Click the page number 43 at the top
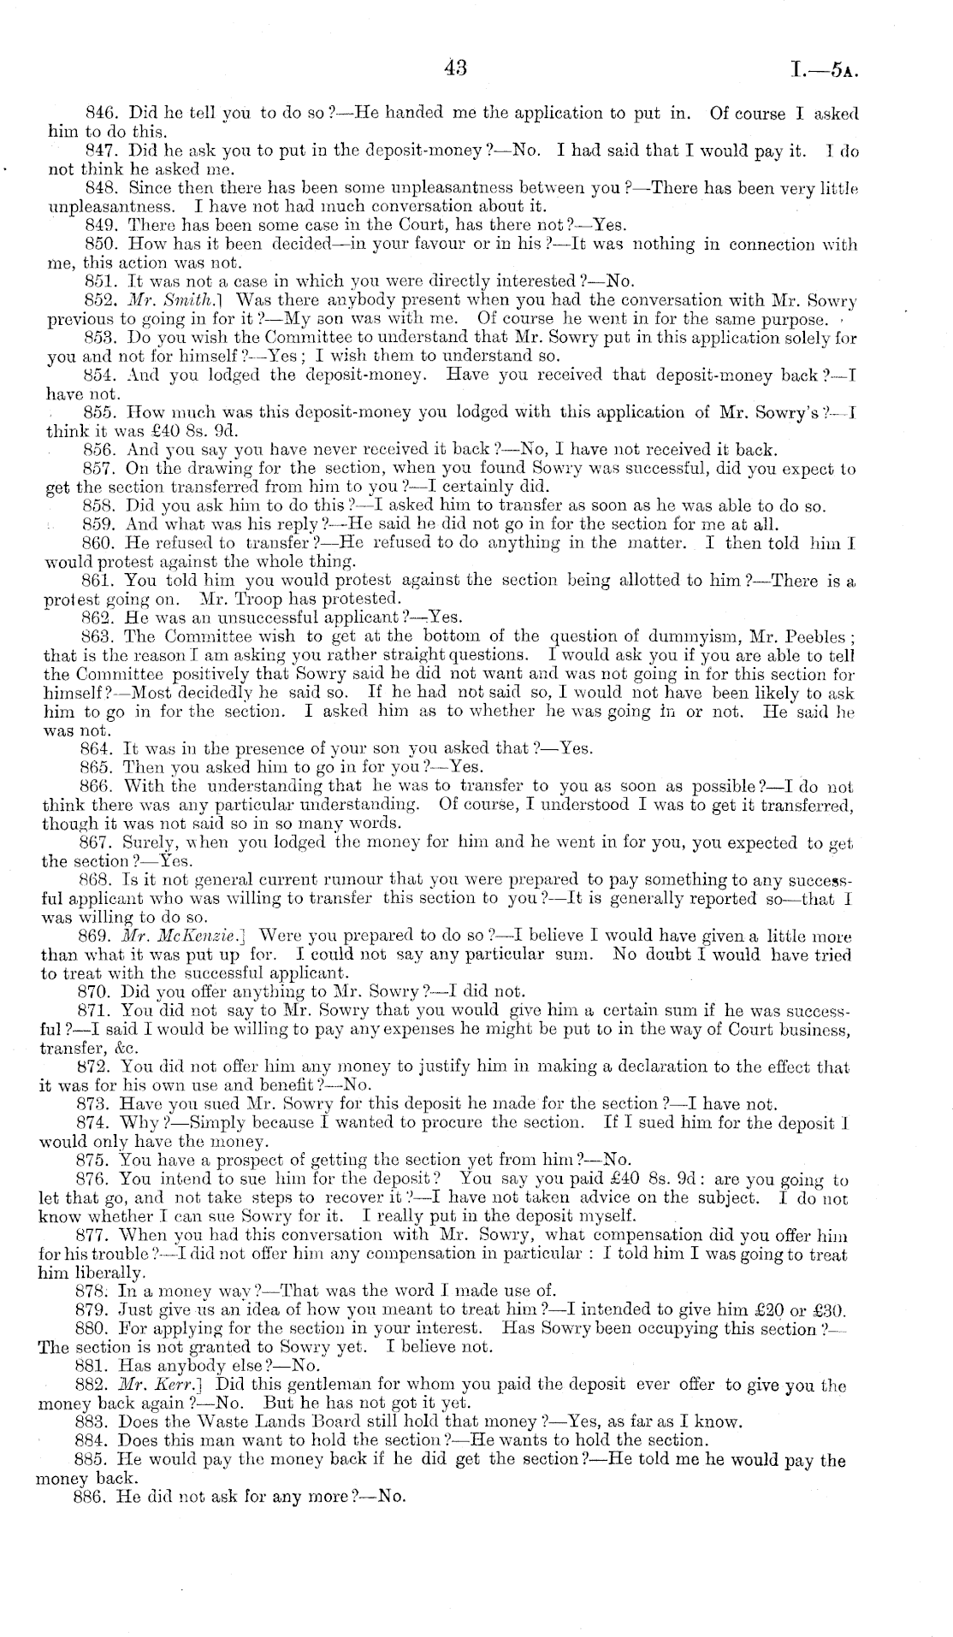tap(454, 68)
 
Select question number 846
tap(104, 113)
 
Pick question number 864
tap(101, 748)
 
